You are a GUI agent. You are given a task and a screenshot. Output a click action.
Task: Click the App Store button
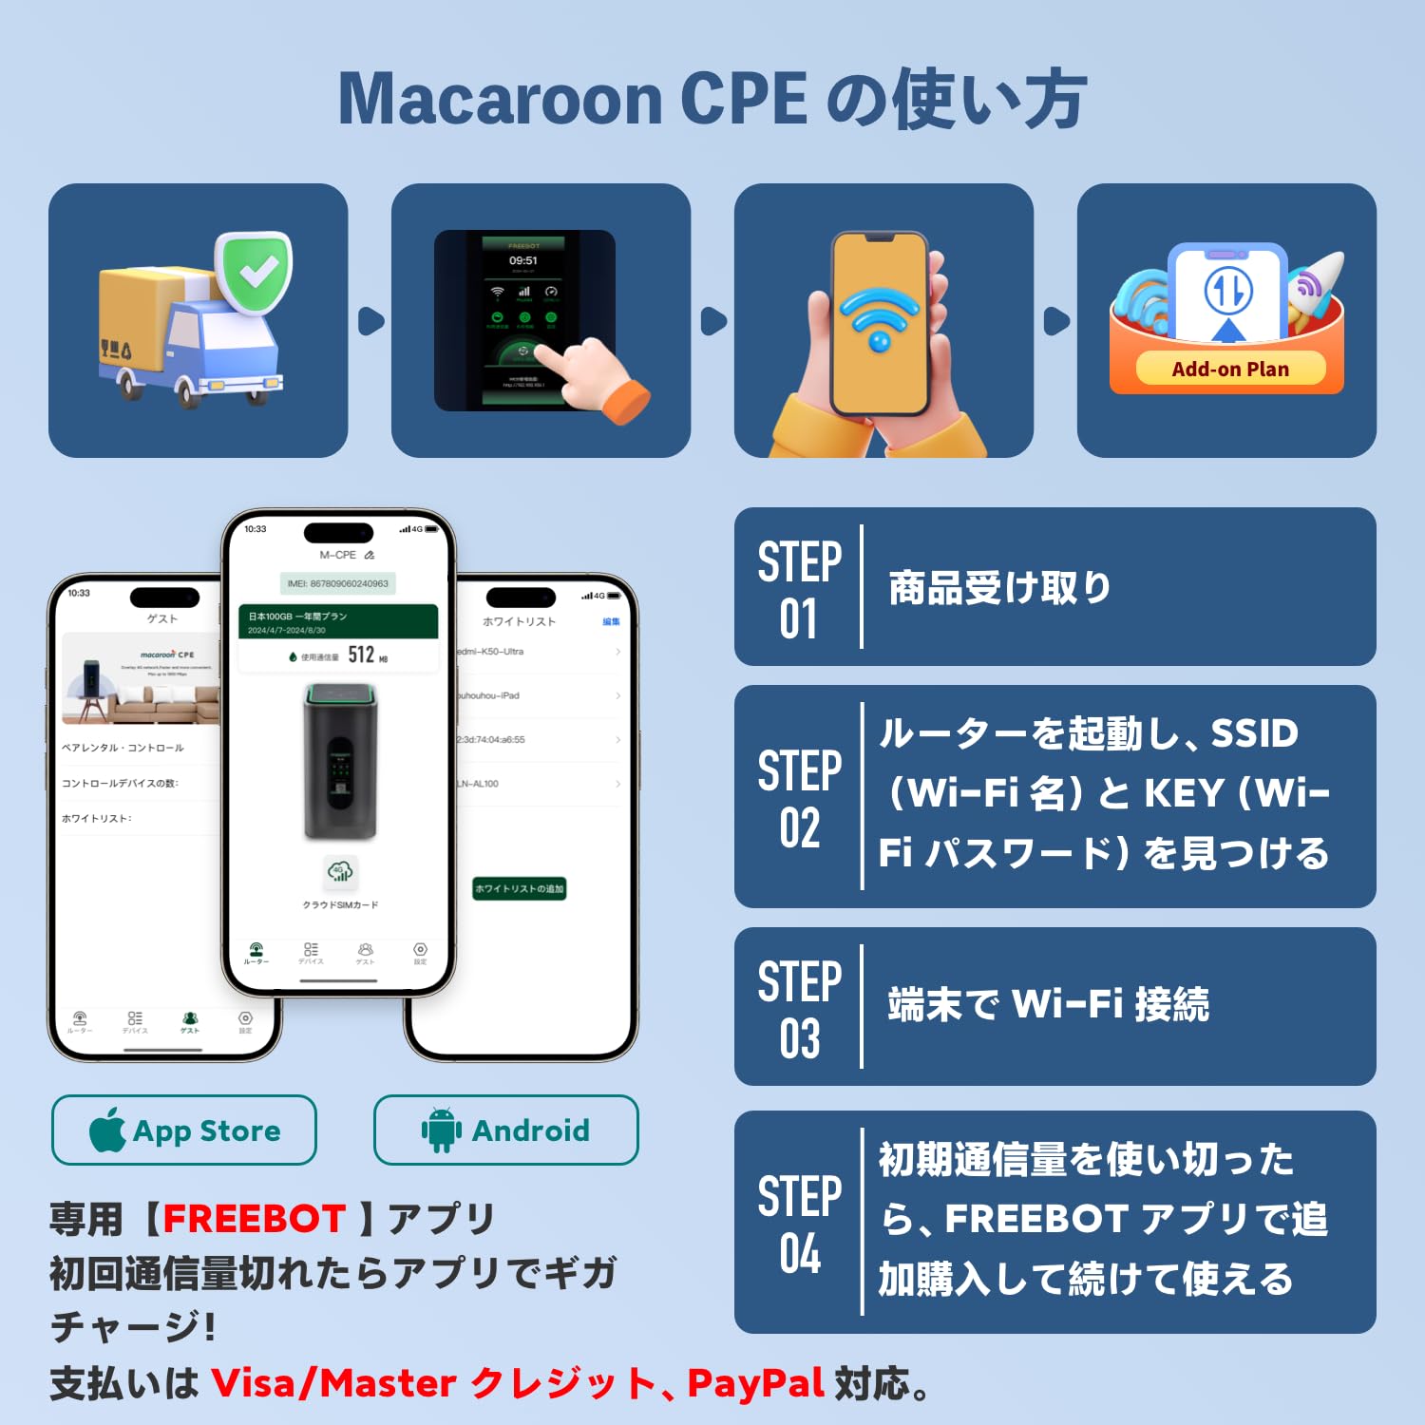coord(183,1130)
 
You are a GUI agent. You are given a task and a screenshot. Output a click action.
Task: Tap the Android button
coord(505,1130)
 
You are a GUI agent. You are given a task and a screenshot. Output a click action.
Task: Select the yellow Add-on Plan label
coord(1229,370)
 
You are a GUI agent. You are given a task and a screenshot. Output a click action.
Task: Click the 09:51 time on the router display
coord(523,260)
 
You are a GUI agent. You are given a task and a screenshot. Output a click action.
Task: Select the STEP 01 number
coord(799,619)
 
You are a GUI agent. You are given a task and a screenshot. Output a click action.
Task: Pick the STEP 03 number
coord(799,1038)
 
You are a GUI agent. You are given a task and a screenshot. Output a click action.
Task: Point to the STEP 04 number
coord(799,1253)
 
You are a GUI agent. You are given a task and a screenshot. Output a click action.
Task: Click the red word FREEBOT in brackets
coord(254,1219)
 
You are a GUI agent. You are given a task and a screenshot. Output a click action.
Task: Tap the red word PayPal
coord(755,1383)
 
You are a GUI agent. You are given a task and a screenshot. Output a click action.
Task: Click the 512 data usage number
coord(361,655)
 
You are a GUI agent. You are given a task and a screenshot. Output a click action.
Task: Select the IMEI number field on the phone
coord(338,583)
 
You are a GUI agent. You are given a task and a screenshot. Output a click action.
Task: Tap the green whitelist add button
coord(519,888)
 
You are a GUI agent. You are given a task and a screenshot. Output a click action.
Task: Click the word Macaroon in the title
coord(500,99)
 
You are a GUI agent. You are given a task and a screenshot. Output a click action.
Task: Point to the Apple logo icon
coord(108,1129)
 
